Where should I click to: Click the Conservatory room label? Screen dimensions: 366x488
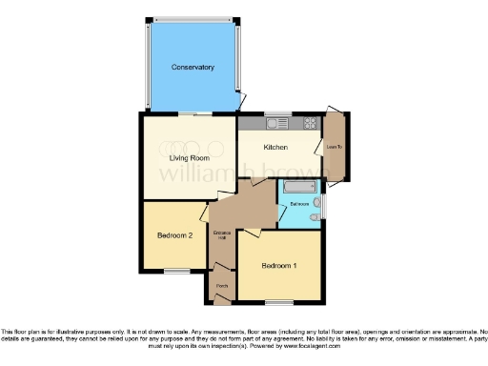[193, 68]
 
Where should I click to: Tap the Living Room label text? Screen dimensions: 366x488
[189, 157]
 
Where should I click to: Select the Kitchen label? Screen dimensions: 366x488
[276, 148]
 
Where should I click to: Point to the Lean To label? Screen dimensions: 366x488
[334, 148]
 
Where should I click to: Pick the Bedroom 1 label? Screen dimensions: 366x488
[280, 265]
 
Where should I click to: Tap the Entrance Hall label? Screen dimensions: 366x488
[222, 236]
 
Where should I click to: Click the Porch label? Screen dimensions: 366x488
[221, 287]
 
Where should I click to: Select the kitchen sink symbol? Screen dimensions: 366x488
[279, 123]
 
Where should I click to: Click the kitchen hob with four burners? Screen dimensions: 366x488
[310, 123]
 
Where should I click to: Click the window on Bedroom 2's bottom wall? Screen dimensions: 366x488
[174, 271]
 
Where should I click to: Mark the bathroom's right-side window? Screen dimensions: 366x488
[324, 203]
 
